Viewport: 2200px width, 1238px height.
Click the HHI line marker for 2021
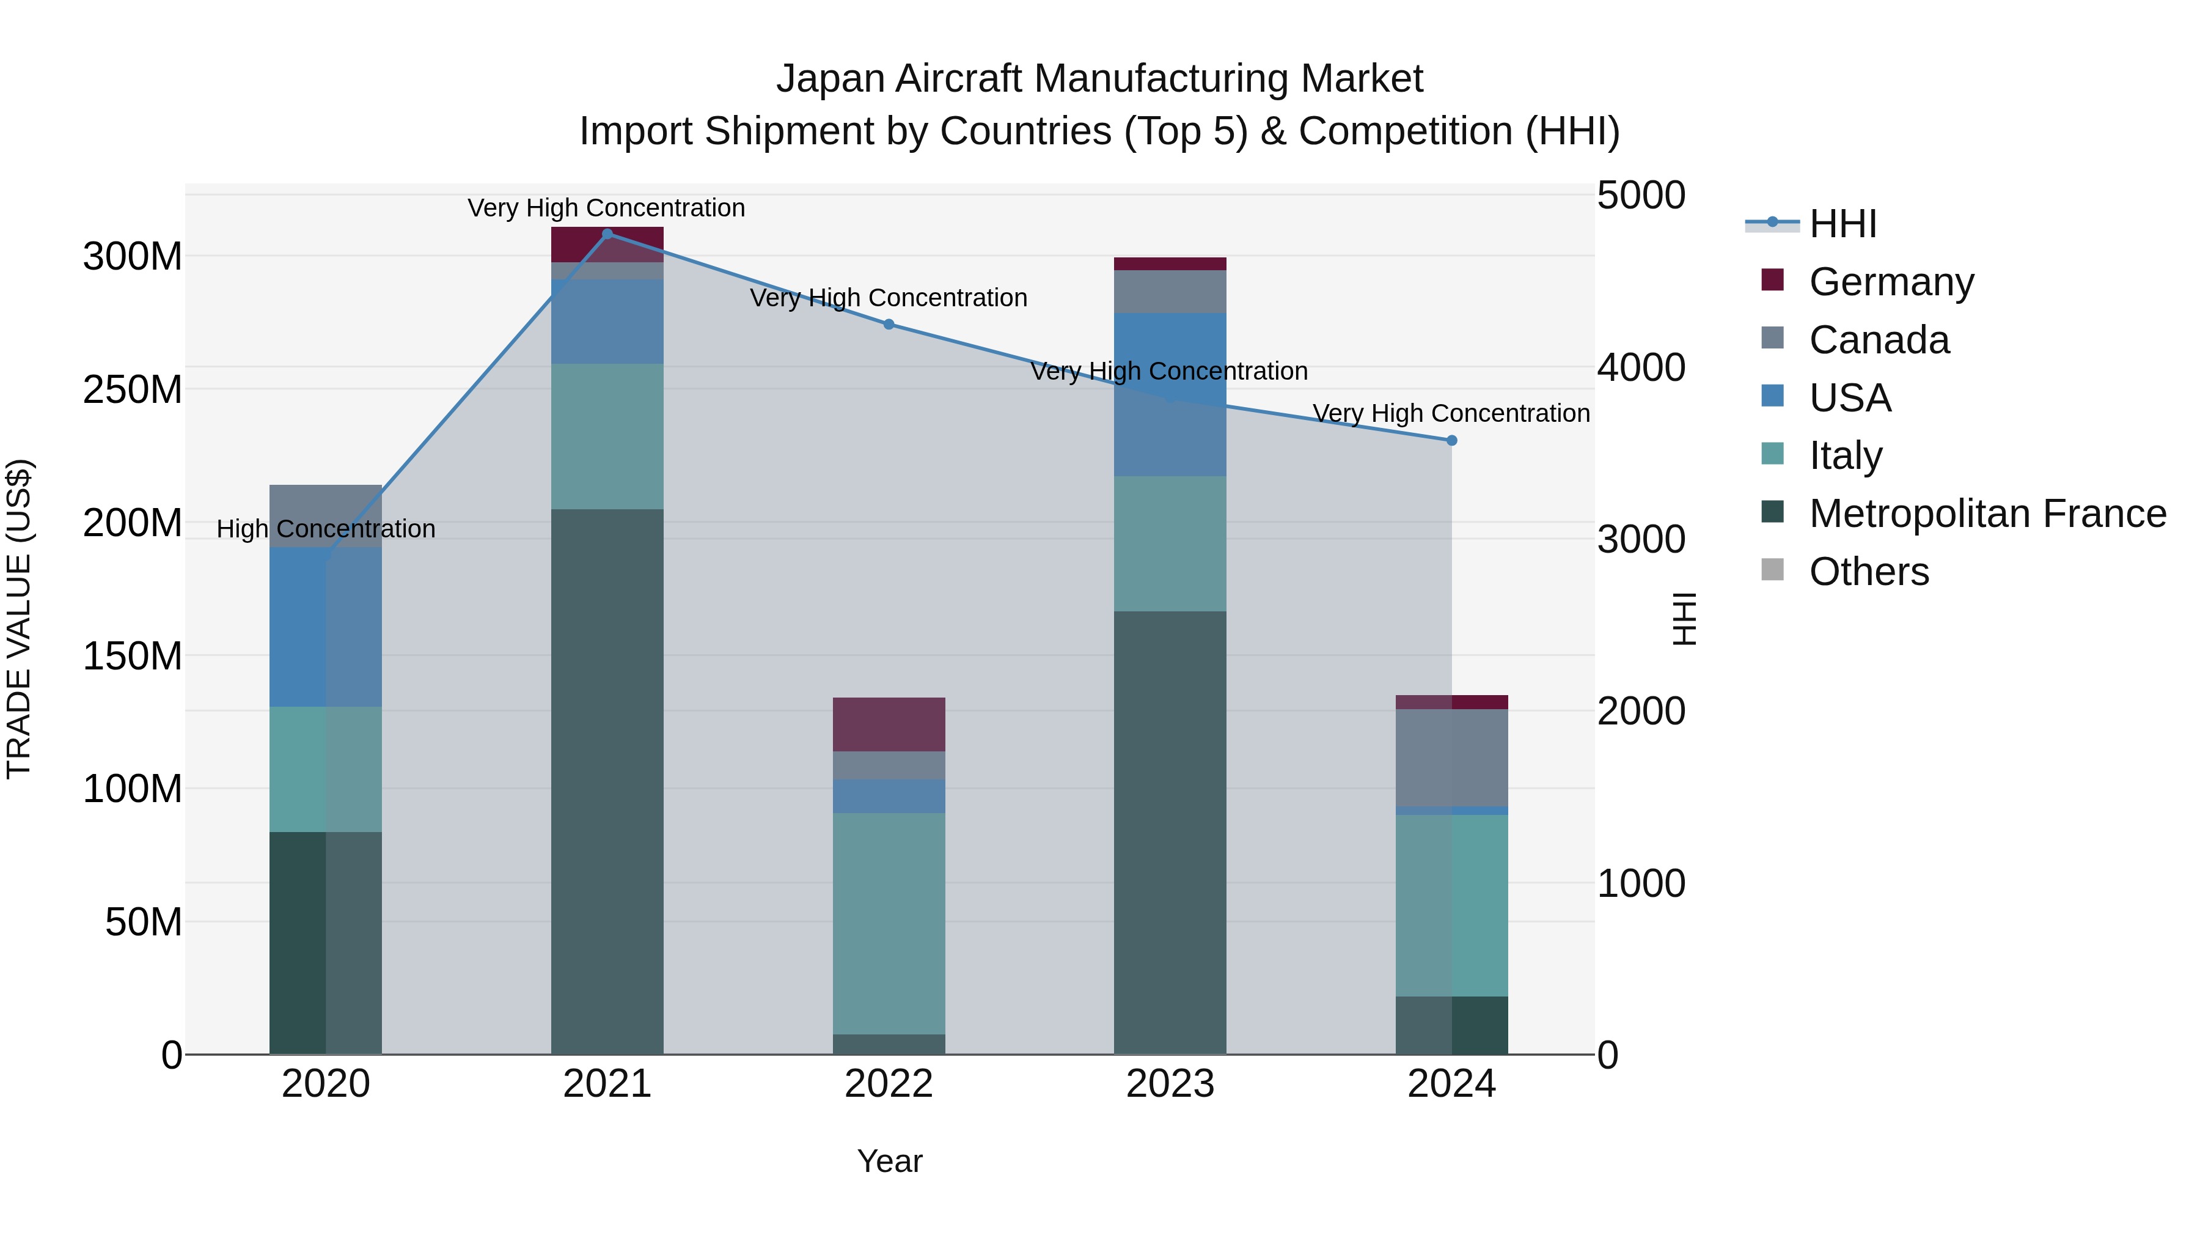tap(607, 234)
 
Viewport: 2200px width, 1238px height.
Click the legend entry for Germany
tap(1891, 281)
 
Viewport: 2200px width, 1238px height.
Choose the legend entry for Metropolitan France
tap(1987, 514)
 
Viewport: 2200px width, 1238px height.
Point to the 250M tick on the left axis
tap(133, 389)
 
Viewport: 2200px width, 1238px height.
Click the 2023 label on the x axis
tap(1170, 1084)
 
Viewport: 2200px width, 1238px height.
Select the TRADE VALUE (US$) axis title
tap(19, 619)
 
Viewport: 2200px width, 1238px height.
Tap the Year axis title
tap(889, 1161)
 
